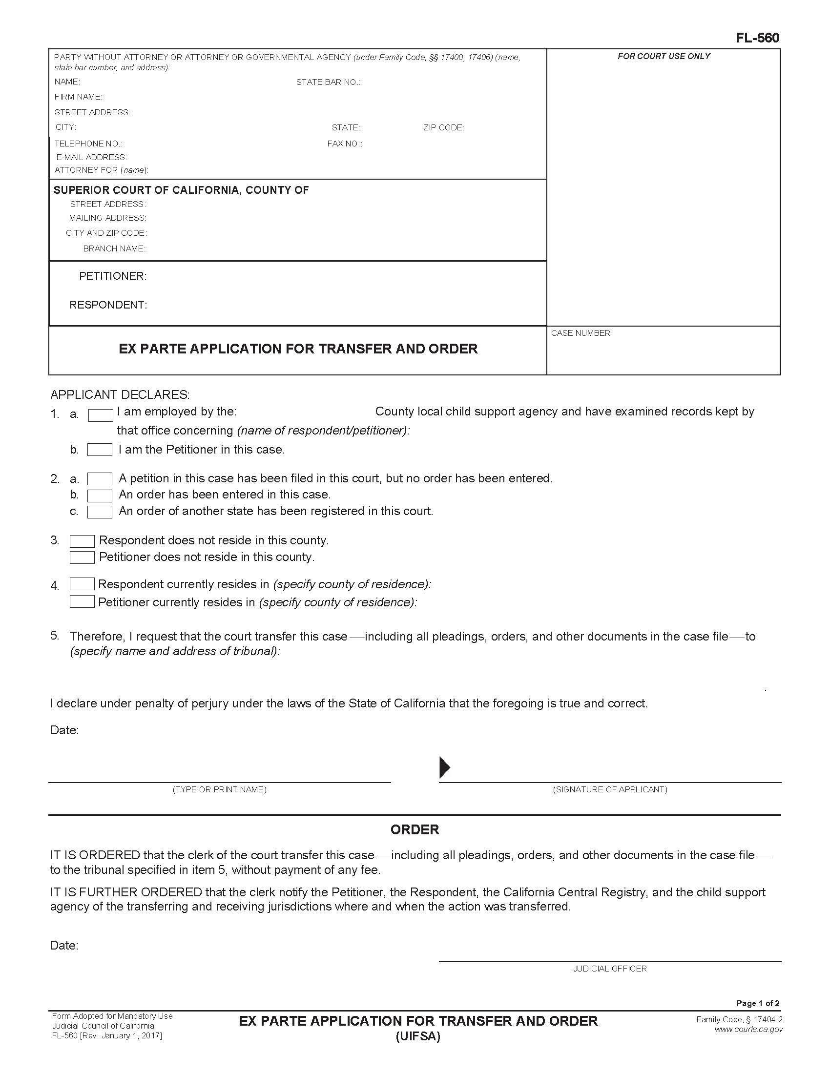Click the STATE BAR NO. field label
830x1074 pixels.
click(x=328, y=82)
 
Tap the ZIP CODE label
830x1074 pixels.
click(x=443, y=127)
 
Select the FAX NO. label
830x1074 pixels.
click(x=345, y=144)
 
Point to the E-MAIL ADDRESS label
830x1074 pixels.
click(x=91, y=157)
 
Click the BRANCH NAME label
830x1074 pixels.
click(x=114, y=248)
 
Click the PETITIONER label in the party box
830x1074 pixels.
click(x=113, y=276)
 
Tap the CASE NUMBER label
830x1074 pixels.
click(x=581, y=333)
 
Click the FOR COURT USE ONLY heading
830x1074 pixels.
click(x=664, y=56)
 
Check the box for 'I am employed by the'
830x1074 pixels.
click(x=100, y=415)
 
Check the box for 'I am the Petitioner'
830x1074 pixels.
click(x=100, y=450)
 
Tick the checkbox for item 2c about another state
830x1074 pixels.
click(x=100, y=512)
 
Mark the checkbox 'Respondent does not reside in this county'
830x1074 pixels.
click(x=82, y=541)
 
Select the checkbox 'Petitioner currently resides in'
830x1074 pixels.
click(x=82, y=601)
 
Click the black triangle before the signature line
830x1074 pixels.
click(x=444, y=767)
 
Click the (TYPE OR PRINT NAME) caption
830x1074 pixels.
click(x=219, y=789)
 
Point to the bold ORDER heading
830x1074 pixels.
click(x=415, y=830)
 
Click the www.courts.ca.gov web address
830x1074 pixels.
click(x=748, y=1029)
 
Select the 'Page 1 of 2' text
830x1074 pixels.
click(x=757, y=1003)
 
